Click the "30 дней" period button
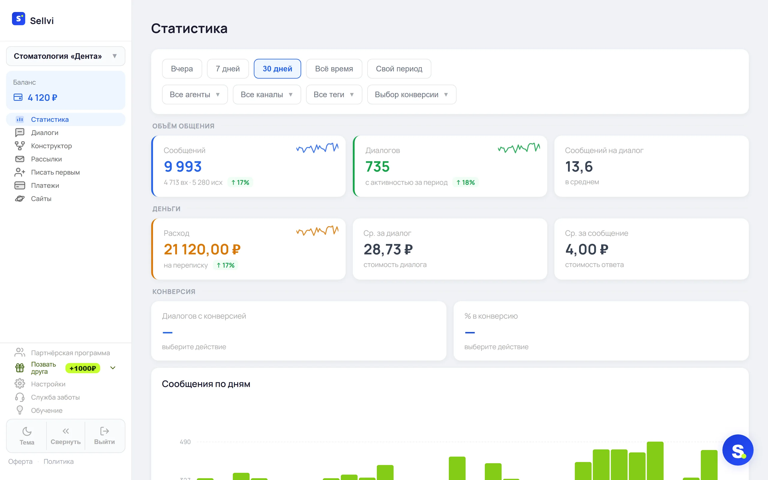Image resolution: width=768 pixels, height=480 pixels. coord(277,69)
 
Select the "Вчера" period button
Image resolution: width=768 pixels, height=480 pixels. coord(182,69)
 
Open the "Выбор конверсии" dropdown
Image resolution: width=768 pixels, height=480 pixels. coord(412,94)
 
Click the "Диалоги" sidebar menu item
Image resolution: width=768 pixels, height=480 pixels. coord(45,133)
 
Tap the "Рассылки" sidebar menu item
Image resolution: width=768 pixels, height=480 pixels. coord(46,159)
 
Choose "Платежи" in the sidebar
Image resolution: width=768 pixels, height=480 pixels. coord(45,185)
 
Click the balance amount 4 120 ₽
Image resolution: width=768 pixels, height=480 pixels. coord(43,97)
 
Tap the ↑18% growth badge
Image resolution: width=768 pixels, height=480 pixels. coord(466,182)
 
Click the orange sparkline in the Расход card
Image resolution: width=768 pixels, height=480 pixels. coord(317,230)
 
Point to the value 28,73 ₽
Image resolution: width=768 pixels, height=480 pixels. coord(388,250)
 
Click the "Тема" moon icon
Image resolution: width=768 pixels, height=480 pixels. coord(27,431)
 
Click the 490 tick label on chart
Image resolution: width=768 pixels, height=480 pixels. coord(185,442)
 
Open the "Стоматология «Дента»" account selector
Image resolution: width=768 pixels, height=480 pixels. coord(66,56)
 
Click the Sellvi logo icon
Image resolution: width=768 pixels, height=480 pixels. coord(18,19)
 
